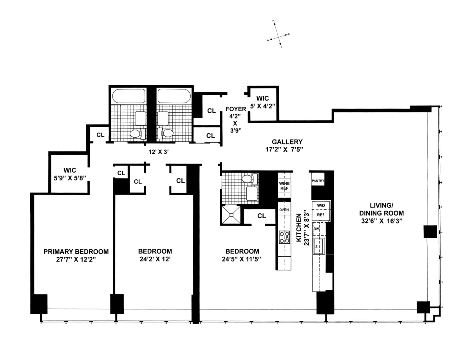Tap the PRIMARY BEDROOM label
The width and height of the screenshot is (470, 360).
76,251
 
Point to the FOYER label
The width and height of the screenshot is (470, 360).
236,109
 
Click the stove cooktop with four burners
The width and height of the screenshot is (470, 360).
284,237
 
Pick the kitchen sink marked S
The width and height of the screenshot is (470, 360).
318,247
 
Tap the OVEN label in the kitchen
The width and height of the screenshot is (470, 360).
284,210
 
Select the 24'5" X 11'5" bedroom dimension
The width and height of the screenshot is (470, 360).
242,259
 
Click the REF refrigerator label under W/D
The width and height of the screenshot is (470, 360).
320,215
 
